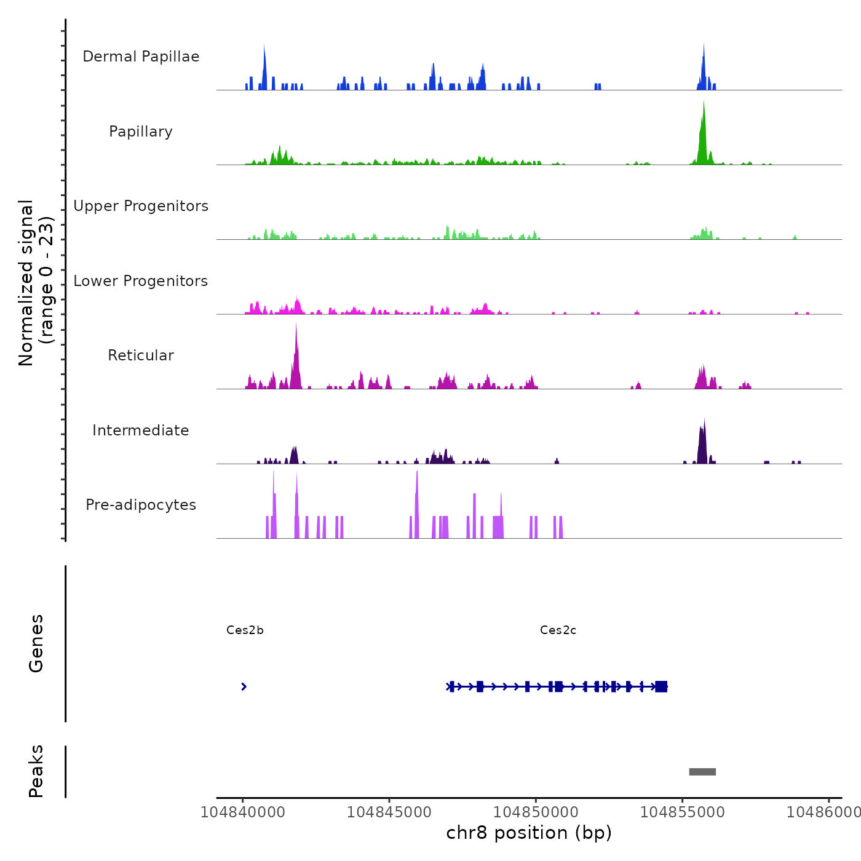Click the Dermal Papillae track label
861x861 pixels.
[141, 57]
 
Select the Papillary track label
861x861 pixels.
[141, 132]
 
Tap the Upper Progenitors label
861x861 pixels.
[141, 206]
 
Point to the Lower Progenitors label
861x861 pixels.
[141, 281]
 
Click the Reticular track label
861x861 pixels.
[141, 355]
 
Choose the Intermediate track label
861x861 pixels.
[141, 430]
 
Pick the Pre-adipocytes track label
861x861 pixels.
[141, 505]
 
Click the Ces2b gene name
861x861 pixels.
[245, 630]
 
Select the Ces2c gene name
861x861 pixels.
[558, 630]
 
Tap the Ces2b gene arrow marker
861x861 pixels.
[244, 686]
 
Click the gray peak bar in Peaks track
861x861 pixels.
[702, 772]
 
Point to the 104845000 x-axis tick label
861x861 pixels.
[389, 812]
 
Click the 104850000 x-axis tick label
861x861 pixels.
[536, 812]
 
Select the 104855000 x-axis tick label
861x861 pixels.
[682, 812]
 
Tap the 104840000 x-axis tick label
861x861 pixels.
[243, 812]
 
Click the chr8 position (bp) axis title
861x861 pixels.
[529, 833]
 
